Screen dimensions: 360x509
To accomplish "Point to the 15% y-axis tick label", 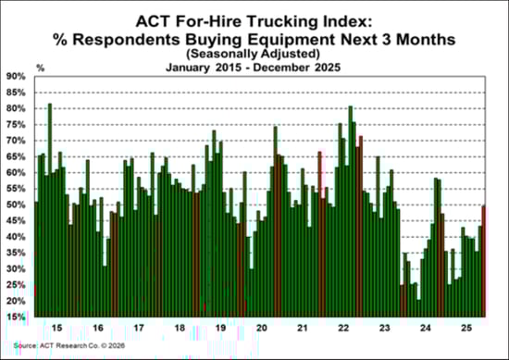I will coord(18,317).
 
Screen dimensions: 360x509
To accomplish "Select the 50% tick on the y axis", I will coord(18,205).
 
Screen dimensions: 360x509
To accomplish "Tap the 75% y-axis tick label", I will coord(18,125).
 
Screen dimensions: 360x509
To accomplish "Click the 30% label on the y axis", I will coord(18,269).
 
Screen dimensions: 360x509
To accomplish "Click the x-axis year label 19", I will coord(221,328).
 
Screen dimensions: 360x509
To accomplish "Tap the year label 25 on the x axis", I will coord(468,328).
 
